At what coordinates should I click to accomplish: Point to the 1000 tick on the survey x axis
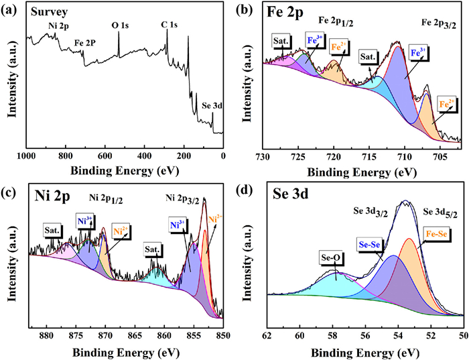(x=26, y=156)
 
